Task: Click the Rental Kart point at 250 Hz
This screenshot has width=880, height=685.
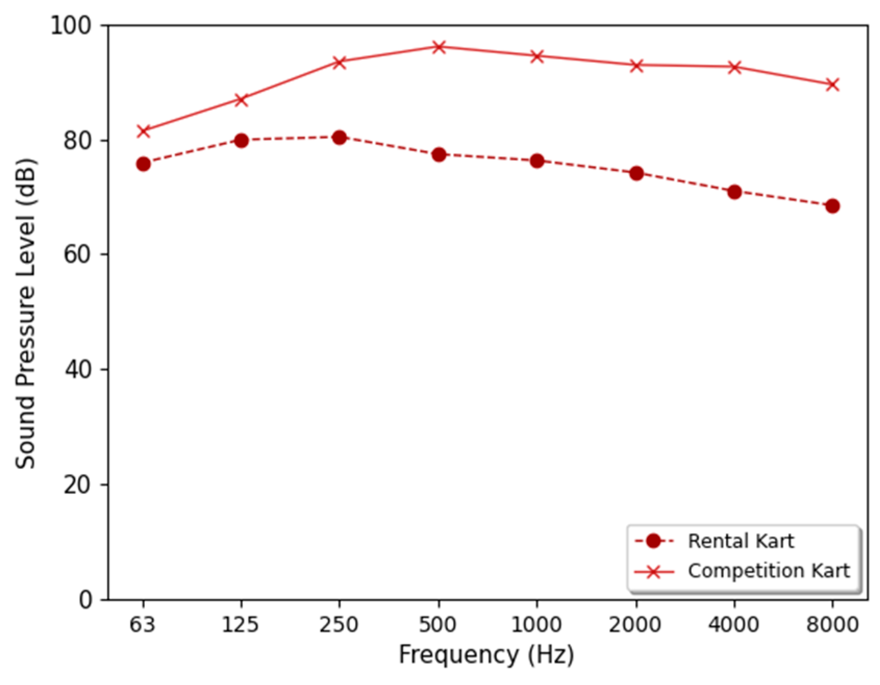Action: (x=340, y=137)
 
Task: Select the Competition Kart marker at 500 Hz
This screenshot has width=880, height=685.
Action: (x=439, y=47)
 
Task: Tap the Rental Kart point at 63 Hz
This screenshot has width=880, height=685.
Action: (x=143, y=164)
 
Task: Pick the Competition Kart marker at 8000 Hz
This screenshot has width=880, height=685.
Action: (x=833, y=84)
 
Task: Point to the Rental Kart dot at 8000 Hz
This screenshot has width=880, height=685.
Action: (x=833, y=206)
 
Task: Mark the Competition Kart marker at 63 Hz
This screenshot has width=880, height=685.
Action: (x=143, y=131)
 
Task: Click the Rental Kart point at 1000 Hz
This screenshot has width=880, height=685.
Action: (x=537, y=161)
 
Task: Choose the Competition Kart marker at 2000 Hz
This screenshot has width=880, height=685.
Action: (x=636, y=66)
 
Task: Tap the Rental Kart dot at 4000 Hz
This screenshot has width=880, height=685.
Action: (x=734, y=192)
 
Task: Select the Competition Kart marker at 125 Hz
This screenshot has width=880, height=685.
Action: (x=241, y=99)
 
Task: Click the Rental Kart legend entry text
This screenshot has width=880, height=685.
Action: (x=740, y=541)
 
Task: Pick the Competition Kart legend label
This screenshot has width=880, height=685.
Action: (x=769, y=571)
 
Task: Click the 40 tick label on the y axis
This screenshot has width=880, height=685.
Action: (x=77, y=370)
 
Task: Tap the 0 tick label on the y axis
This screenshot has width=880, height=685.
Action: (x=85, y=600)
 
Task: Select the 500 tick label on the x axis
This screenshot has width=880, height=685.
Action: (x=438, y=625)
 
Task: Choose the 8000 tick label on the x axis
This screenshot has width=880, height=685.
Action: (x=832, y=625)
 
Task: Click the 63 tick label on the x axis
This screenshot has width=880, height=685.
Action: (x=143, y=625)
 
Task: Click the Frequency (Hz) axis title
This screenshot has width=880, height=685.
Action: (x=486, y=655)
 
